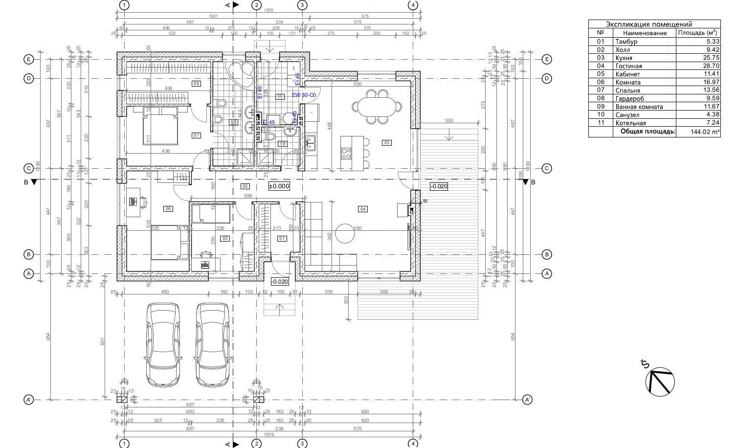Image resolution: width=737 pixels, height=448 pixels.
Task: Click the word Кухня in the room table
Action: point(624,58)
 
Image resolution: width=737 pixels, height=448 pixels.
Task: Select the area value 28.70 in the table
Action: point(711,66)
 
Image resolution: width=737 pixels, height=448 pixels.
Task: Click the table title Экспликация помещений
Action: point(648,24)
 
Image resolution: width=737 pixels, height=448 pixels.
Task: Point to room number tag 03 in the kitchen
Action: point(387,143)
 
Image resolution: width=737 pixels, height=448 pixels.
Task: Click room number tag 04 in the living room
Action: point(362,209)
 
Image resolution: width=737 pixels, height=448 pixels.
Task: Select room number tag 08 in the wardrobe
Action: point(197,84)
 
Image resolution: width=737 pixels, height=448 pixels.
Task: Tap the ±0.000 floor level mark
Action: point(279,186)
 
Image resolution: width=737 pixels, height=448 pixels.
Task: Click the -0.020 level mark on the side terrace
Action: point(438,186)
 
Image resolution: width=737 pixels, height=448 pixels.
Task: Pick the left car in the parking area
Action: point(163,344)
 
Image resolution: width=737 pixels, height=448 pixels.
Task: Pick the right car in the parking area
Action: point(213,344)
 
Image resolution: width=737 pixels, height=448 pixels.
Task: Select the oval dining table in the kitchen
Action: point(377,106)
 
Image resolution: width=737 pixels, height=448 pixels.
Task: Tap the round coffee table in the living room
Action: point(344,233)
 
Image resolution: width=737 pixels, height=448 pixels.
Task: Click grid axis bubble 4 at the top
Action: point(413,5)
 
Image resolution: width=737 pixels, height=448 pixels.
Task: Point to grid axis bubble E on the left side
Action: point(29,59)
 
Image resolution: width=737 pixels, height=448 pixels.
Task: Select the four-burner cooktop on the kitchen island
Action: point(346,154)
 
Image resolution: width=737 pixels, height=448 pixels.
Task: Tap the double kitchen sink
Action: point(311,143)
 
